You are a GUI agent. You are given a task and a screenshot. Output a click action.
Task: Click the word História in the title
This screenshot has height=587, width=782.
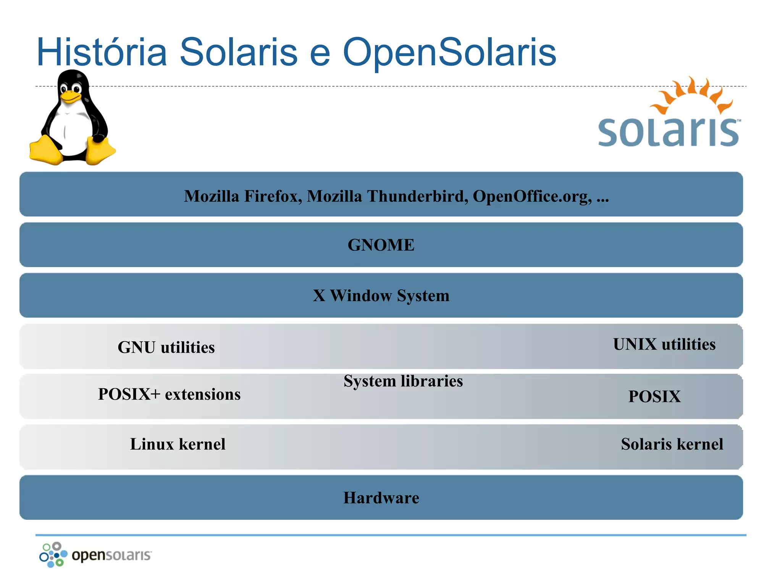[x=102, y=52]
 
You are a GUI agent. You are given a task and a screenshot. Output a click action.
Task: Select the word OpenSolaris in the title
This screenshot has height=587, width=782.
[x=449, y=52]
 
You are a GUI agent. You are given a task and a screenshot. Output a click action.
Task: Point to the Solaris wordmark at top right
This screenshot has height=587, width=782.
[x=668, y=132]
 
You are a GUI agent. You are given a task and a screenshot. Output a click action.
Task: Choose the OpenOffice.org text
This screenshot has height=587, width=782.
[x=532, y=196]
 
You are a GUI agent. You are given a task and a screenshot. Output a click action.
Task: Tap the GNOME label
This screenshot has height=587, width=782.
[x=381, y=245]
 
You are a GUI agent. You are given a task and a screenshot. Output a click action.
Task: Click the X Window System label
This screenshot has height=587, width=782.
[x=381, y=296]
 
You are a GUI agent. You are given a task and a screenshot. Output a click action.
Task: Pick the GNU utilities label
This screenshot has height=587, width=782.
[x=166, y=347]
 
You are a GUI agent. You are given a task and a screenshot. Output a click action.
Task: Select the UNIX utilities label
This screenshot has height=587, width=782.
[x=664, y=344]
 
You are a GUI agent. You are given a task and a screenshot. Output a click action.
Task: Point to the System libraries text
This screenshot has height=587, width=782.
[x=403, y=381]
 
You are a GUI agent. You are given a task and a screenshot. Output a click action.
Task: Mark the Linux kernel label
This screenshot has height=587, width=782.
[x=178, y=444]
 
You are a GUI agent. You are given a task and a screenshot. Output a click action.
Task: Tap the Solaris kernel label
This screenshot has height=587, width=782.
[x=672, y=444]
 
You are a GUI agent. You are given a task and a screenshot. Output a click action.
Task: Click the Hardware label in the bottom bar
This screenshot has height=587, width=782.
[x=381, y=498]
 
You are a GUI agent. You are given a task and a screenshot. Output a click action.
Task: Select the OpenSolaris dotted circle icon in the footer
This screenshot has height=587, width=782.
[x=53, y=555]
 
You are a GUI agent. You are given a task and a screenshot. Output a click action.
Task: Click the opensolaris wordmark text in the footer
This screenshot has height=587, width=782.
[x=111, y=555]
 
